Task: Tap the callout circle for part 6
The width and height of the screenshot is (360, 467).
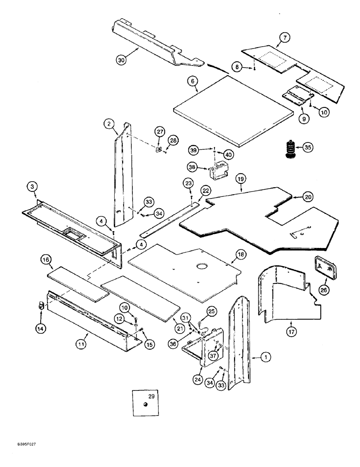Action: [191, 81]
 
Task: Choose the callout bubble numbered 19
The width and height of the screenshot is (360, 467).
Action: [241, 178]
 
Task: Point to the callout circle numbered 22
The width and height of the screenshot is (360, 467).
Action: [206, 190]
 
